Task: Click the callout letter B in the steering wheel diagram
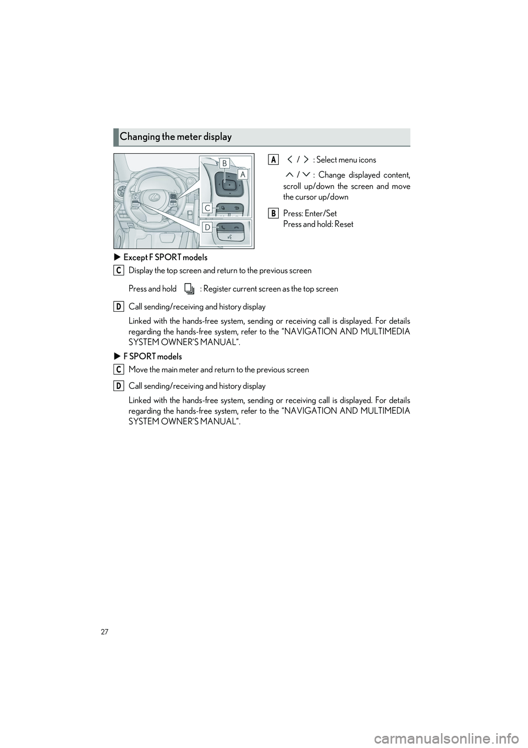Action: [224, 163]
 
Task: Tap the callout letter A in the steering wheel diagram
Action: [243, 174]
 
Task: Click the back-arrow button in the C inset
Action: [237, 207]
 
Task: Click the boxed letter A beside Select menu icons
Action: [273, 160]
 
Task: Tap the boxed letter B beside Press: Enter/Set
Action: [273, 213]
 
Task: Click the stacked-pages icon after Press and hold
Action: [189, 289]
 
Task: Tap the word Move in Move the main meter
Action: [136, 370]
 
